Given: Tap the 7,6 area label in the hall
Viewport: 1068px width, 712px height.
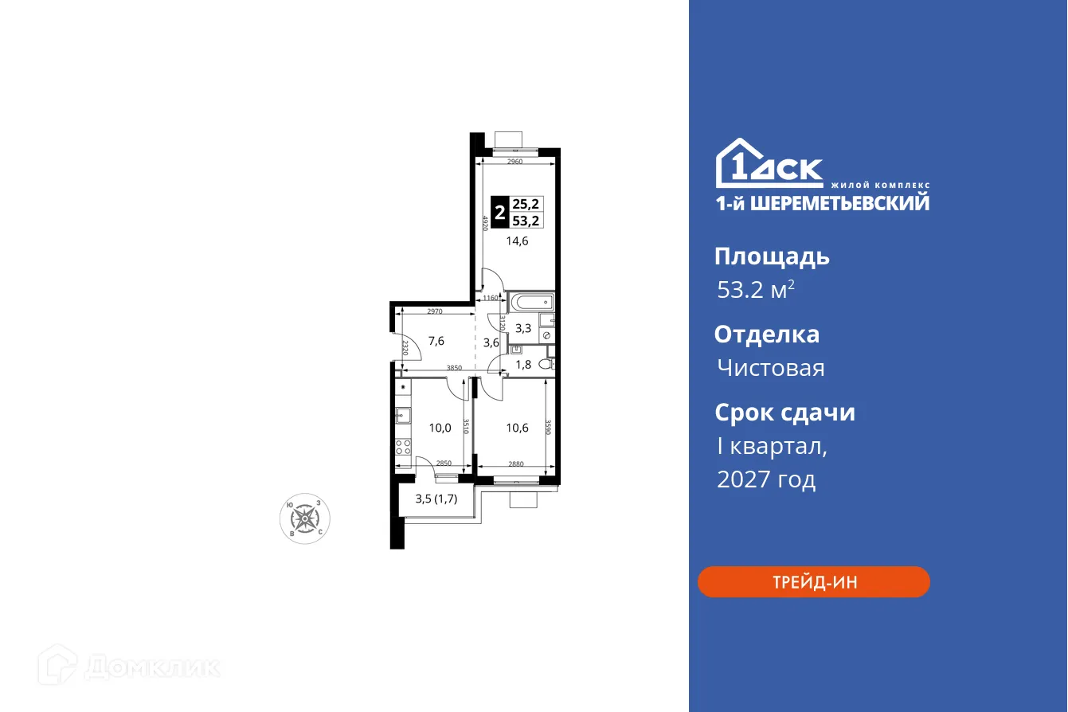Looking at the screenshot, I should click(436, 341).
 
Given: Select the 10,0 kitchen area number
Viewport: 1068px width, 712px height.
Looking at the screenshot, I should click(440, 428).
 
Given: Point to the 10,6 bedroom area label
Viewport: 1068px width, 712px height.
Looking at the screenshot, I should click(518, 428).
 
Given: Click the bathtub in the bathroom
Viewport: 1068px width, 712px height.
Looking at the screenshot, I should click(531, 302).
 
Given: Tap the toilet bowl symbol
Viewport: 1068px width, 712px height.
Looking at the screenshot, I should click(546, 364).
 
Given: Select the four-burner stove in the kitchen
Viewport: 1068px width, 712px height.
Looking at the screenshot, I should click(403, 447).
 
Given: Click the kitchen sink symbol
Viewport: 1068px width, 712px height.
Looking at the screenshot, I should click(403, 414).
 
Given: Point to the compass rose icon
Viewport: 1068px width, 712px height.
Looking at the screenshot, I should click(305, 518).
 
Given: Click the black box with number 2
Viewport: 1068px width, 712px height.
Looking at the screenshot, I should click(499, 213).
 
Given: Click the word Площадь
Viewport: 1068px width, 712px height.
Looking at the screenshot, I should click(772, 256).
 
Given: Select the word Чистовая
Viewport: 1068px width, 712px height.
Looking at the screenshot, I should click(770, 368).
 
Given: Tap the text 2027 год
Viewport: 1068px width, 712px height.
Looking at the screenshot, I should click(766, 479).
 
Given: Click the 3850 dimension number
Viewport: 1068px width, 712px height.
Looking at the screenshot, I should click(454, 368).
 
